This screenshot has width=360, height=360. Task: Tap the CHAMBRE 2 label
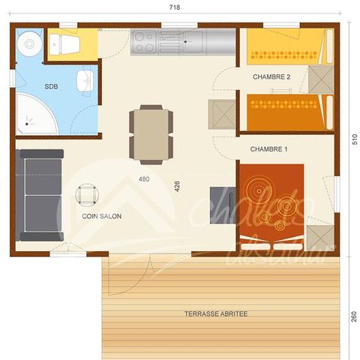271,76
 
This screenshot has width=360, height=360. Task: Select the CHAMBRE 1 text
268,149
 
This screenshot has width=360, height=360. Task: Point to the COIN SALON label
102,216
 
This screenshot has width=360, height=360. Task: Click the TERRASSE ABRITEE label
216,313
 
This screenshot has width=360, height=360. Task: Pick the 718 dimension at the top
175,6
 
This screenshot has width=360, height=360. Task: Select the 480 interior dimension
145,178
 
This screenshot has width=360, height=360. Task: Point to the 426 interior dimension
178,186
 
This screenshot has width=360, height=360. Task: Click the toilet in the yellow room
66,44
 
